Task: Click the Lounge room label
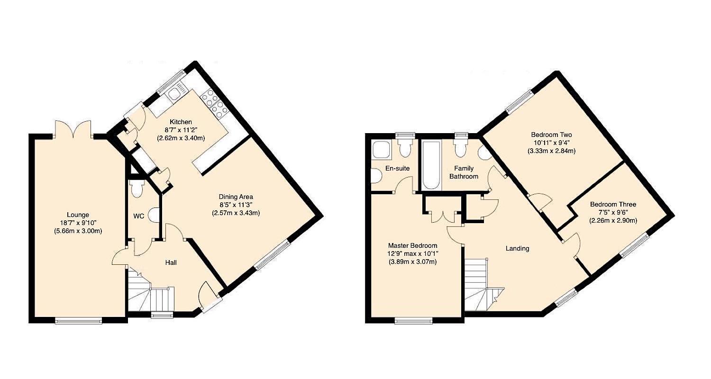pos(78,215)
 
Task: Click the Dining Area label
pos(236,197)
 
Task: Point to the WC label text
pos(138,216)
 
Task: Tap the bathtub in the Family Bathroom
pos(431,166)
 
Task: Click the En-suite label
pos(398,168)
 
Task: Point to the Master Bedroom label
pos(412,245)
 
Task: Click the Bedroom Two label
pos(551,135)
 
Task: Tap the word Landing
pos(517,248)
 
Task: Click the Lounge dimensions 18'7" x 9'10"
pos(78,223)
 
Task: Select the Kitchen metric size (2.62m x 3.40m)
pos(181,138)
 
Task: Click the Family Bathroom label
pos(464,172)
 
